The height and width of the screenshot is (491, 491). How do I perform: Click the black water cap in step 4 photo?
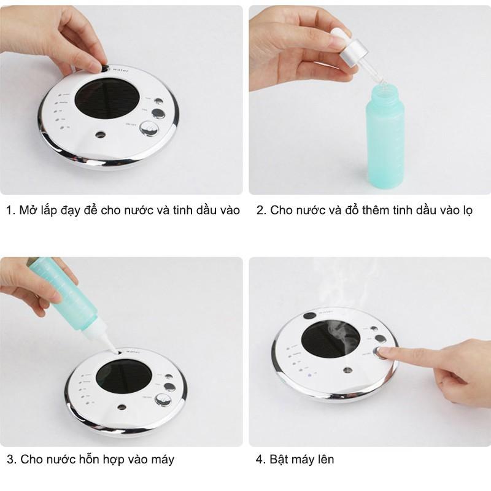(x=310, y=317)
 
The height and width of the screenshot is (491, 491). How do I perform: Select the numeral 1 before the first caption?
(x=9, y=211)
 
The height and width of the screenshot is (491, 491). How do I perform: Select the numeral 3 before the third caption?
(x=10, y=458)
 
